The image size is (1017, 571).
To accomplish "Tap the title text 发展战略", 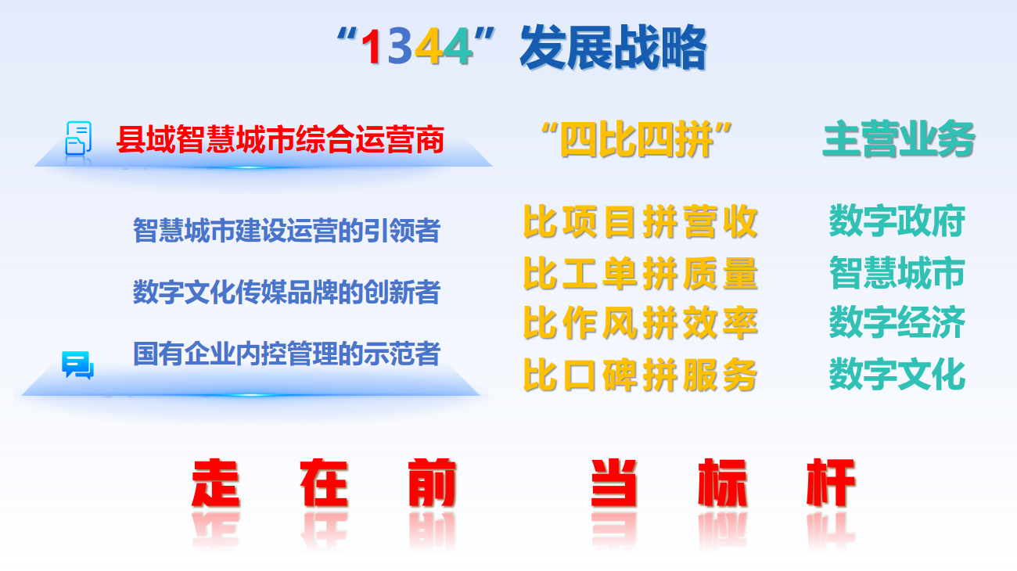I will click(x=613, y=48).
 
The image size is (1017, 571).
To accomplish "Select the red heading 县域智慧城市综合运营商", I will click(x=280, y=140).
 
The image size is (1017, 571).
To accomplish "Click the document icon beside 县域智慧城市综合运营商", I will click(x=78, y=138).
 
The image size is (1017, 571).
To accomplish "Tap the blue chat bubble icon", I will click(x=77, y=365).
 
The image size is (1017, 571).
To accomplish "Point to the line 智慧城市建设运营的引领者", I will click(x=286, y=231).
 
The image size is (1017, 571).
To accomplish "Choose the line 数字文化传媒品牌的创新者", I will click(x=286, y=293).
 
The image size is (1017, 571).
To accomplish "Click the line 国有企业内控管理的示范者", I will click(x=286, y=354).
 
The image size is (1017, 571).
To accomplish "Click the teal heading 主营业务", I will click(x=899, y=141).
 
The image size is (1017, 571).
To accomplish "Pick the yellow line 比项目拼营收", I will click(x=640, y=222).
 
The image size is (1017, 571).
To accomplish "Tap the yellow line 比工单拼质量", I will click(x=640, y=273).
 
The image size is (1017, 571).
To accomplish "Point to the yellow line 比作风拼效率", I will click(x=640, y=323).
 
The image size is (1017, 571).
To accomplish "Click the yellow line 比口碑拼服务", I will click(x=640, y=375).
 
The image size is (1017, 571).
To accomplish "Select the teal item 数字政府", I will click(x=897, y=222).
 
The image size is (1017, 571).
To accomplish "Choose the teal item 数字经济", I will click(x=897, y=323).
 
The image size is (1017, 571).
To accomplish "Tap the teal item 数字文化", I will click(x=897, y=375).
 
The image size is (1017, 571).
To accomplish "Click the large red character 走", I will click(x=215, y=483).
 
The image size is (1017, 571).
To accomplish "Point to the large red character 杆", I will click(x=831, y=483).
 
